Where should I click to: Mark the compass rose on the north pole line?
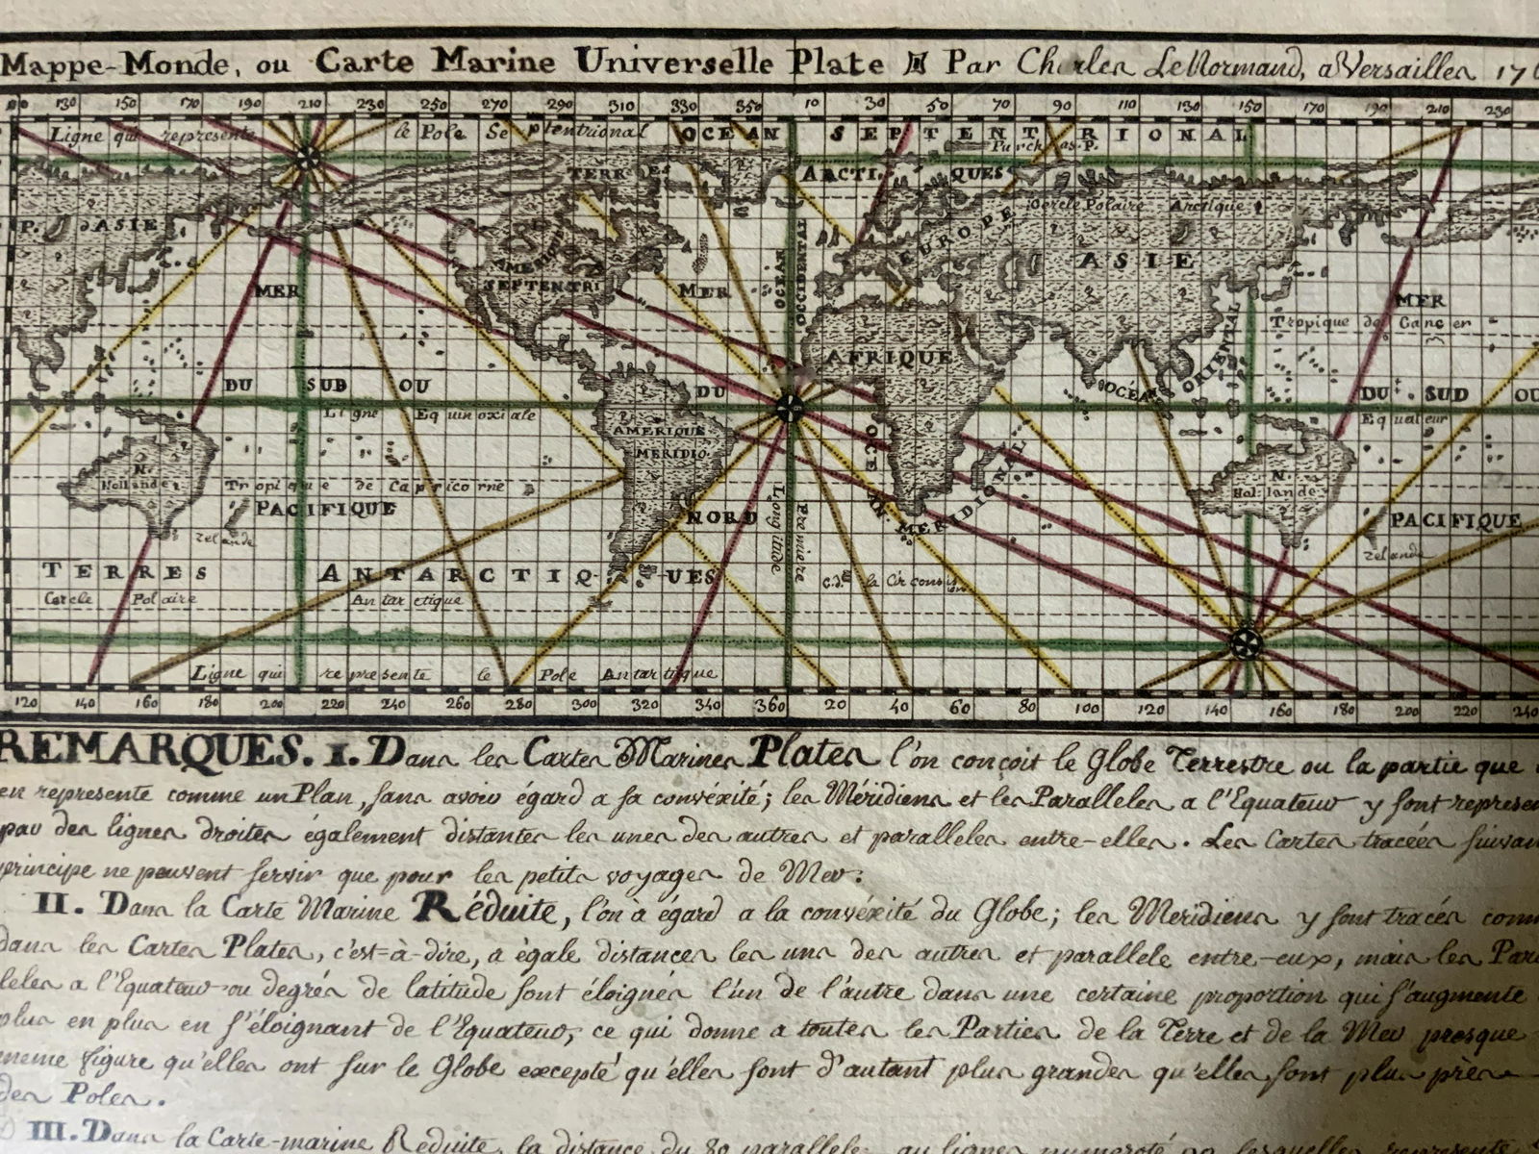[x=307, y=160]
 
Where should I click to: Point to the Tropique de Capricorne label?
[x=366, y=487]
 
